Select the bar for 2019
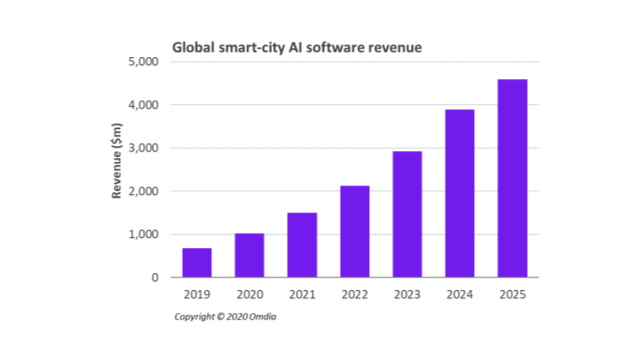tap(196, 263)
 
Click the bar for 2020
tap(249, 255)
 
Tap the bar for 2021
tap(302, 245)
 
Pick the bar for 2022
tap(354, 232)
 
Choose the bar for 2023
tap(407, 214)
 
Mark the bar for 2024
tap(459, 193)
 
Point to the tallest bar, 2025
tap(512, 178)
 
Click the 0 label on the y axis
tap(156, 277)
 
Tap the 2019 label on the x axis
tap(196, 296)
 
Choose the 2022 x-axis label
tap(354, 296)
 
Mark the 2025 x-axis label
tap(512, 296)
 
